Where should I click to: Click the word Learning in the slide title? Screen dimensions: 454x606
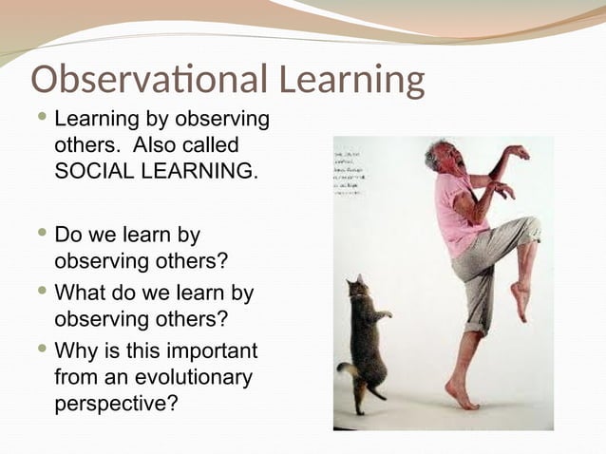pyautogui.click(x=341, y=82)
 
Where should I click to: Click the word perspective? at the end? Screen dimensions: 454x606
pyautogui.click(x=116, y=402)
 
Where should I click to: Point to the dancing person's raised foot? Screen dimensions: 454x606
pyautogui.click(x=521, y=301)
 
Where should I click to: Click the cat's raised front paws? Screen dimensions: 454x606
pyautogui.click(x=382, y=312)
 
